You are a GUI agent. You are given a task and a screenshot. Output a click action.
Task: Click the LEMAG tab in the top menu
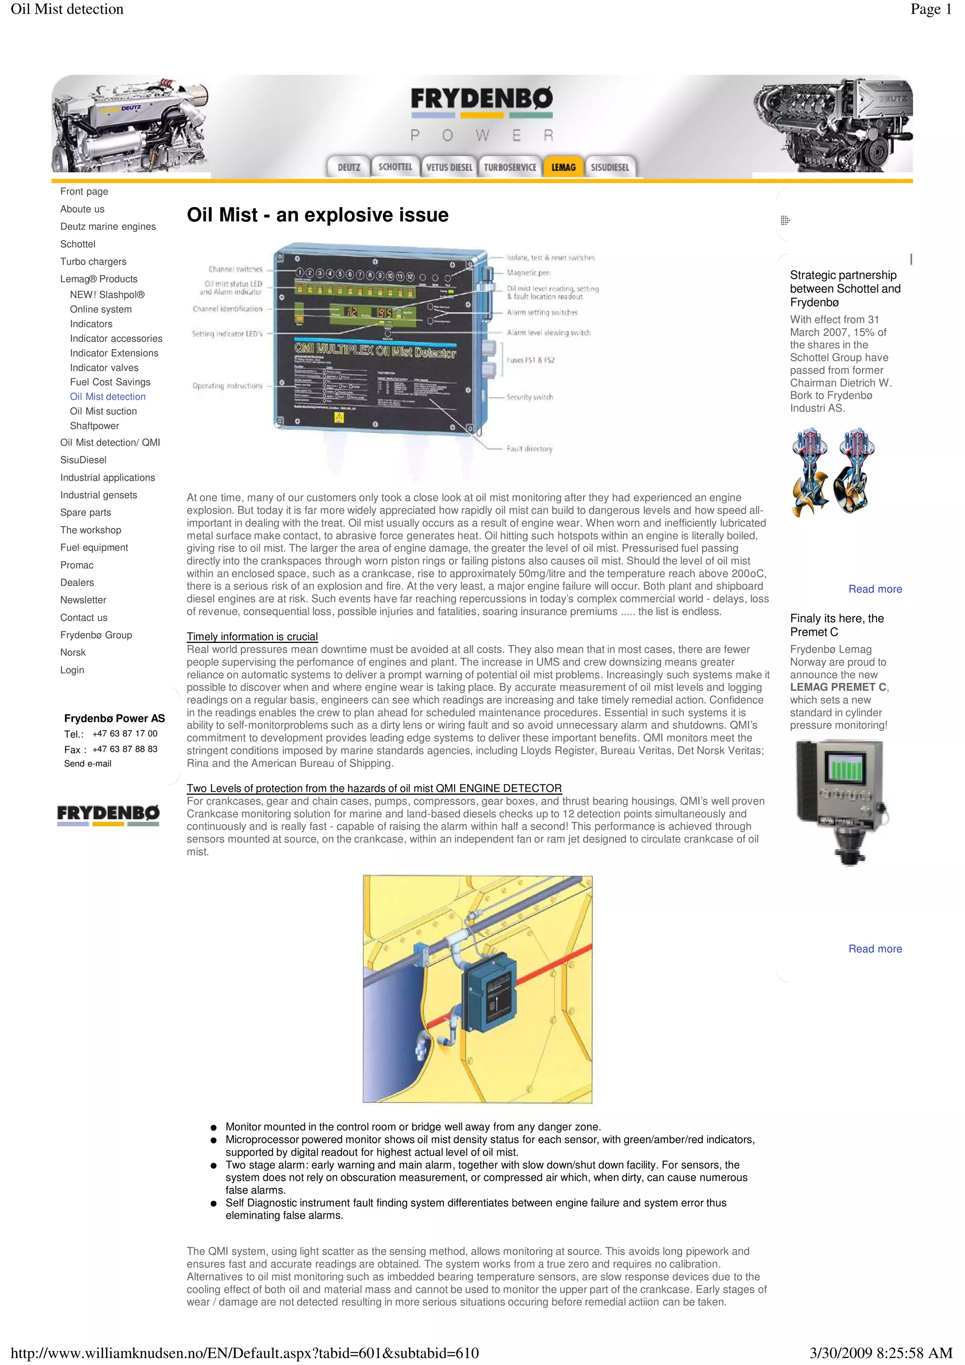(x=563, y=167)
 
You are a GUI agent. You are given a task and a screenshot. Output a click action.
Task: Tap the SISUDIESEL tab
(x=609, y=167)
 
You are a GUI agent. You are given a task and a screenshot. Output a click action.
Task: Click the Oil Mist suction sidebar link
(x=104, y=411)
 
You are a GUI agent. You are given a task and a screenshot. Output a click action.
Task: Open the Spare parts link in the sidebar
(x=86, y=512)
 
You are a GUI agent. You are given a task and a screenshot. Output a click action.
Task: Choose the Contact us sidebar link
(x=84, y=617)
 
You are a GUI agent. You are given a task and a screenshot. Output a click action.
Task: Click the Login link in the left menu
(x=72, y=670)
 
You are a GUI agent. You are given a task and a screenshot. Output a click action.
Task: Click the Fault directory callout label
(x=529, y=449)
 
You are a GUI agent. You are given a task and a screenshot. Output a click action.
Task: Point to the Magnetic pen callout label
(x=528, y=273)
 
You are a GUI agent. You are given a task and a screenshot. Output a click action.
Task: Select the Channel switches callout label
(x=236, y=269)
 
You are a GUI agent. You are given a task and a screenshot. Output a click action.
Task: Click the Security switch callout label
(x=529, y=397)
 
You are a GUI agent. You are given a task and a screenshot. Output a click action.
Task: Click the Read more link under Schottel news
(x=875, y=589)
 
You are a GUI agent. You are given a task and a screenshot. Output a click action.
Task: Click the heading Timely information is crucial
(x=252, y=637)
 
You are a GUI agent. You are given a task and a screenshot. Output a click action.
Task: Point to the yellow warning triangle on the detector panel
(x=339, y=417)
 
